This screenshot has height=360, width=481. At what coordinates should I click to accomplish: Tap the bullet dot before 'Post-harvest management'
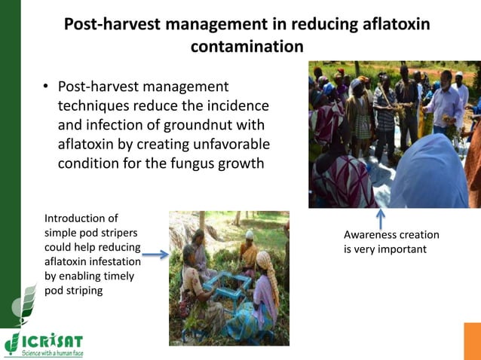[x=46, y=89]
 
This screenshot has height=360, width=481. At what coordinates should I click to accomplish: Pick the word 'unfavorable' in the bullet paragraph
[x=225, y=143]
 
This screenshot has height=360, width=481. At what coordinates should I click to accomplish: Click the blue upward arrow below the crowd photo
[x=381, y=219]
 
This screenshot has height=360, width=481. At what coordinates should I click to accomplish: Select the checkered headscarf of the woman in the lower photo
[x=263, y=261]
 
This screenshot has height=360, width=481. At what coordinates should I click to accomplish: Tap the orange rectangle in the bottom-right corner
[x=472, y=341]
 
